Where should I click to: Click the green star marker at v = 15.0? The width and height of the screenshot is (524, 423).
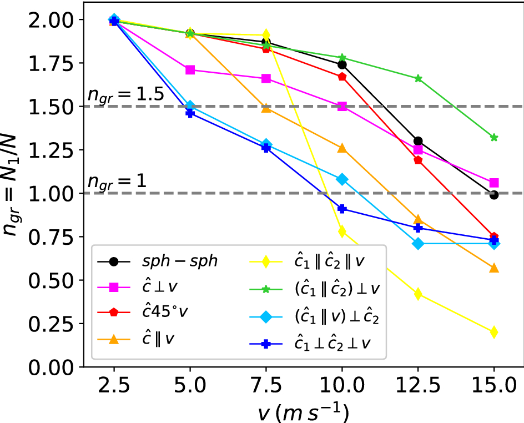pos(494,137)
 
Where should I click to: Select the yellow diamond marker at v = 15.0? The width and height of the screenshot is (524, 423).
pos(494,332)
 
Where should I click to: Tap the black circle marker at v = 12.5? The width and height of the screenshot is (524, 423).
pos(418,141)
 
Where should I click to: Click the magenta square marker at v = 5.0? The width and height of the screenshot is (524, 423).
pos(190,70)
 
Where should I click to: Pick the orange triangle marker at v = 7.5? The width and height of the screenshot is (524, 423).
pos(266,108)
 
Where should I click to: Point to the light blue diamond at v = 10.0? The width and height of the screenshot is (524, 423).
pos(342,179)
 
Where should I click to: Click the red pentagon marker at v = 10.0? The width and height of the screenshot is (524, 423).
pos(342,77)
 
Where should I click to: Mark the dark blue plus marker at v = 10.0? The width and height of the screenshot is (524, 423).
pos(342,209)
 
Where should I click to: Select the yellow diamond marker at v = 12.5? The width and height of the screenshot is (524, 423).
pos(418,294)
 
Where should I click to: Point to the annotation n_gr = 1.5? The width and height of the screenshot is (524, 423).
pos(125,94)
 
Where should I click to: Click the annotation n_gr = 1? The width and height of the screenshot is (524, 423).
pos(117,181)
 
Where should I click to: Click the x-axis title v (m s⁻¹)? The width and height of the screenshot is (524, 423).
pos(302,411)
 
